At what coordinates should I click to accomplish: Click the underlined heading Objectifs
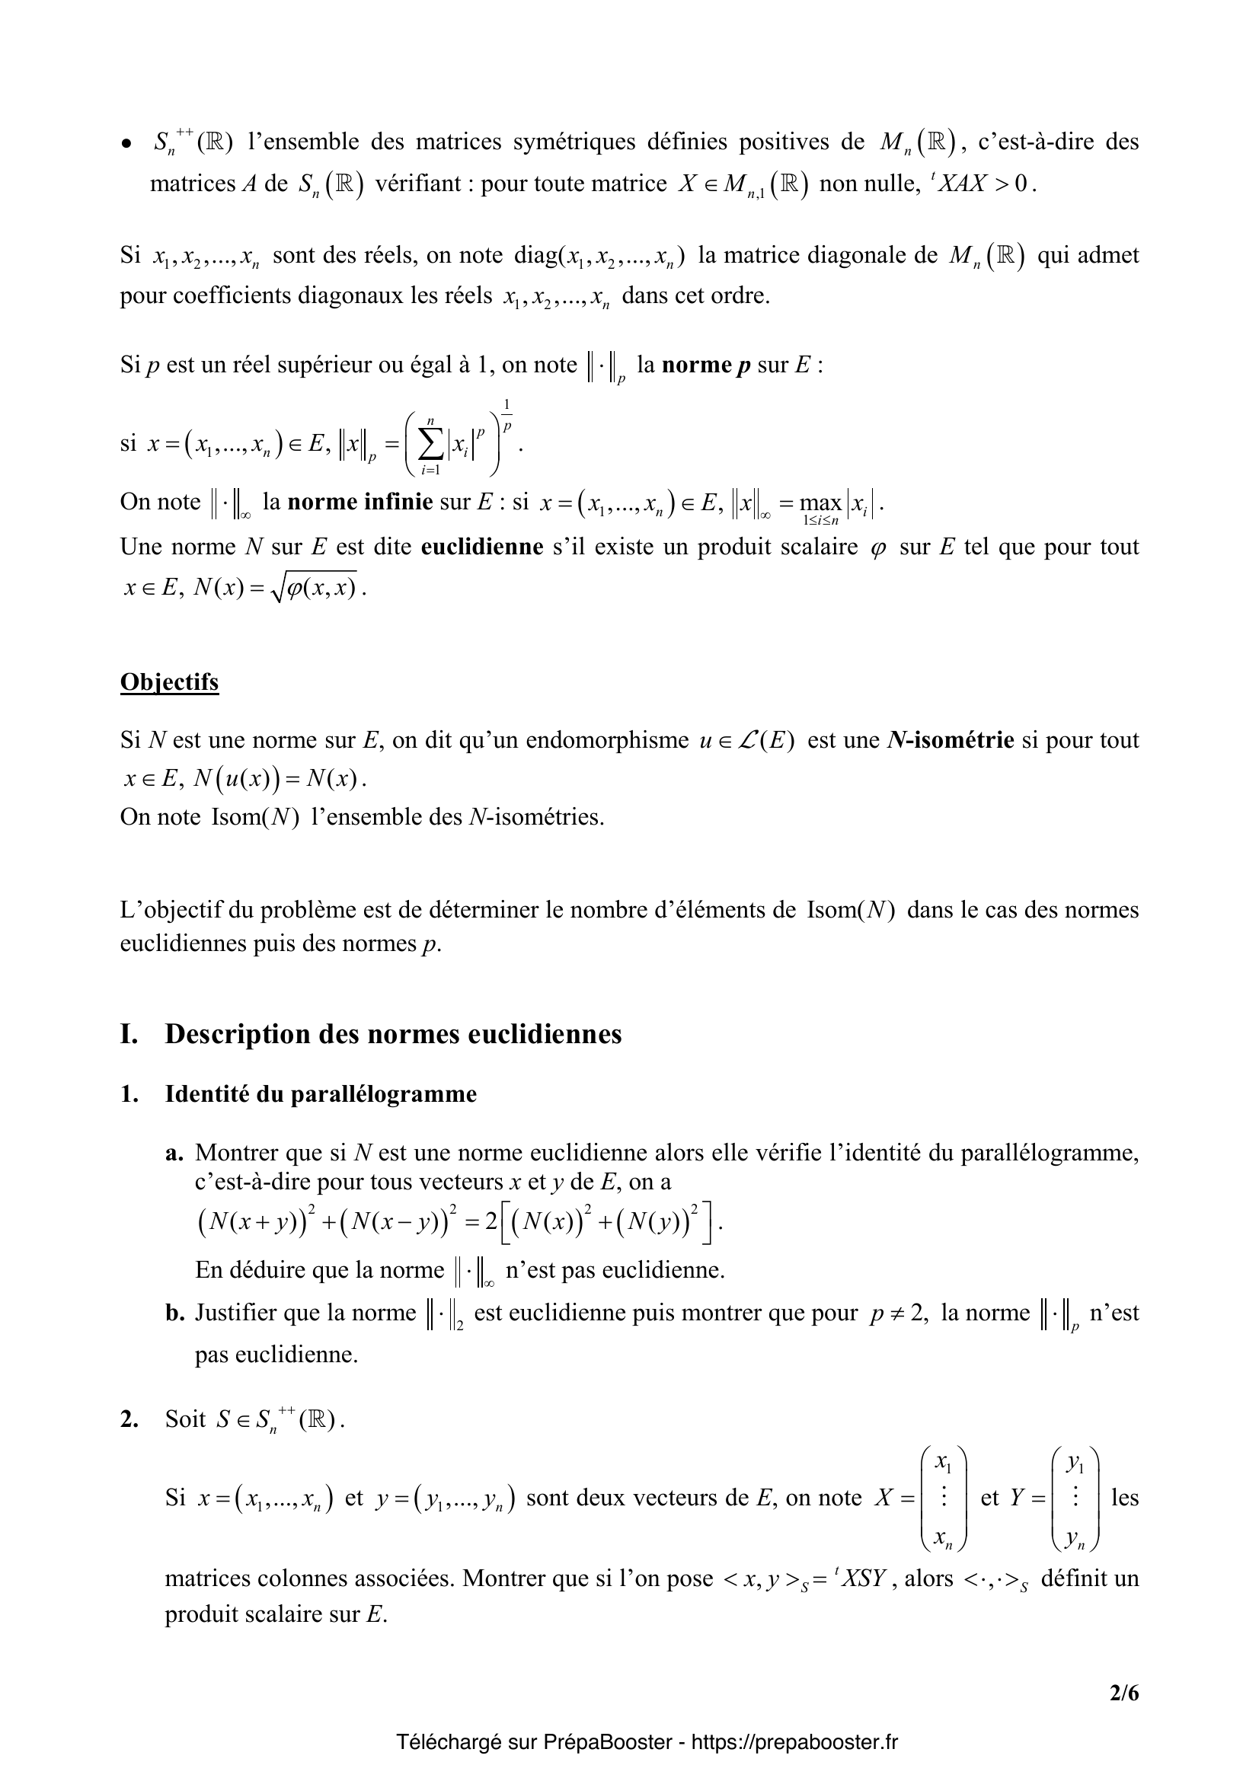tap(169, 682)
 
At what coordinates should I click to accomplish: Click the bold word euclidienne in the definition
tap(481, 547)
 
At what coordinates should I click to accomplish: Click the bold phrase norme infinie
tap(359, 502)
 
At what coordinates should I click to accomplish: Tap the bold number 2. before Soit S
tap(129, 1419)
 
